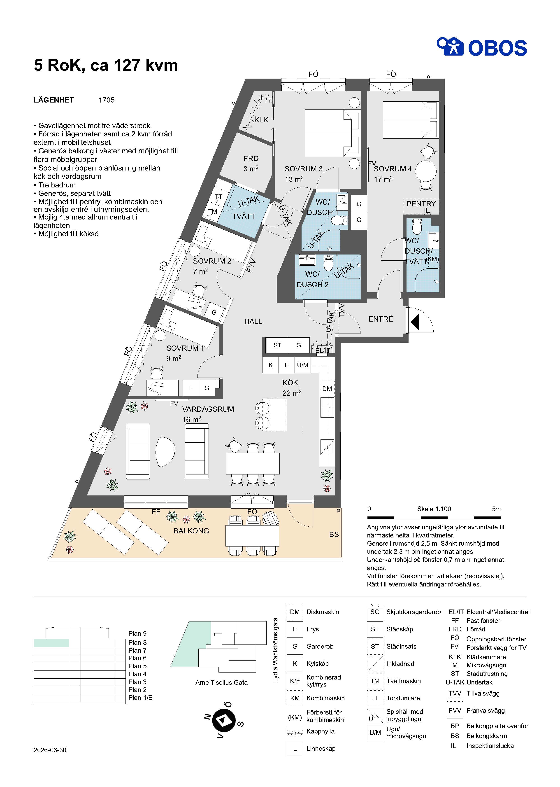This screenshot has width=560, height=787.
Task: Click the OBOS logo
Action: [482, 47]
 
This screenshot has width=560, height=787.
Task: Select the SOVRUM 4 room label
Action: [393, 169]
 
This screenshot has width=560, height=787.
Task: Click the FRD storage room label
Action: [251, 159]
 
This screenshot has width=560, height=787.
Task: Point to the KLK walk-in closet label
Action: [261, 120]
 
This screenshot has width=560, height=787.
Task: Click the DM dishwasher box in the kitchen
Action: [327, 389]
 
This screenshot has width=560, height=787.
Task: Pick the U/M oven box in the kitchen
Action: [303, 365]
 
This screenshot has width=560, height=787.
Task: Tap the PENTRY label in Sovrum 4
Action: [421, 204]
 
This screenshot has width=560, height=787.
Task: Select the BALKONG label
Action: [191, 531]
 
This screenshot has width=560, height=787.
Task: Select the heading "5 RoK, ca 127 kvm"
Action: [106, 65]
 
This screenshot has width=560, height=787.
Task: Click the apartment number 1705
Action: [107, 100]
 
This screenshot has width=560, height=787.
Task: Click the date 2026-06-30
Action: [50, 750]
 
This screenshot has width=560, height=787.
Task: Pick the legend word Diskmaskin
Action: [323, 612]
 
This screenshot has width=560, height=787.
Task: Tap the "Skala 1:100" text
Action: [434, 509]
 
